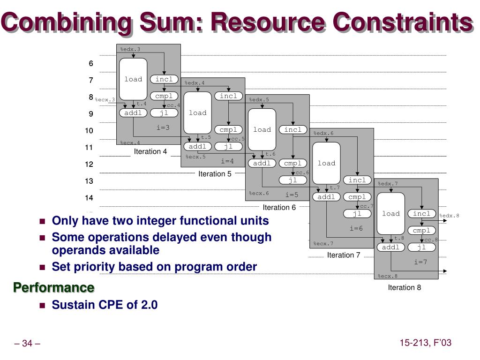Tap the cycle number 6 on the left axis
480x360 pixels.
[x=91, y=63]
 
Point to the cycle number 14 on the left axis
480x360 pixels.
[x=89, y=198]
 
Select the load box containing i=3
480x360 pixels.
[x=133, y=79]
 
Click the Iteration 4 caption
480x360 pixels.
[x=150, y=151]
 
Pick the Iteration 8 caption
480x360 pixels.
[x=405, y=287]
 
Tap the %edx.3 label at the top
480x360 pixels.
[x=130, y=49]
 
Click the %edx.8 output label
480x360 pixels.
[x=450, y=216]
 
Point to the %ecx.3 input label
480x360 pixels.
[x=105, y=99]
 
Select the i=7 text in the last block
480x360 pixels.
[x=420, y=262]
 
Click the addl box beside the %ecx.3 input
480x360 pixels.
[x=133, y=113]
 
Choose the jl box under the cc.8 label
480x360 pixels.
[x=421, y=247]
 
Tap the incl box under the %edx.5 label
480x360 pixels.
[x=293, y=129]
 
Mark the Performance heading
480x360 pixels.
[x=53, y=287]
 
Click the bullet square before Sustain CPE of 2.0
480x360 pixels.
[x=42, y=305]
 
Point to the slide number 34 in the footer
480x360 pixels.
[x=27, y=344]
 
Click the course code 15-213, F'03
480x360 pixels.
[x=425, y=343]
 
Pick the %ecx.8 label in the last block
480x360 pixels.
[x=388, y=276]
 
